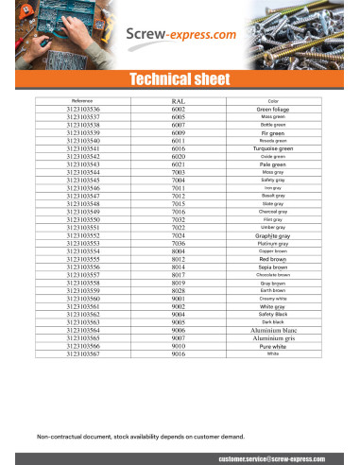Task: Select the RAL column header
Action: [x=179, y=100]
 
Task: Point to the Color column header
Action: [x=273, y=100]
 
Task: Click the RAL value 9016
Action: [x=179, y=354]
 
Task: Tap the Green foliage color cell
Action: [x=273, y=110]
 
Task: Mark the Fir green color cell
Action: [x=273, y=133]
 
